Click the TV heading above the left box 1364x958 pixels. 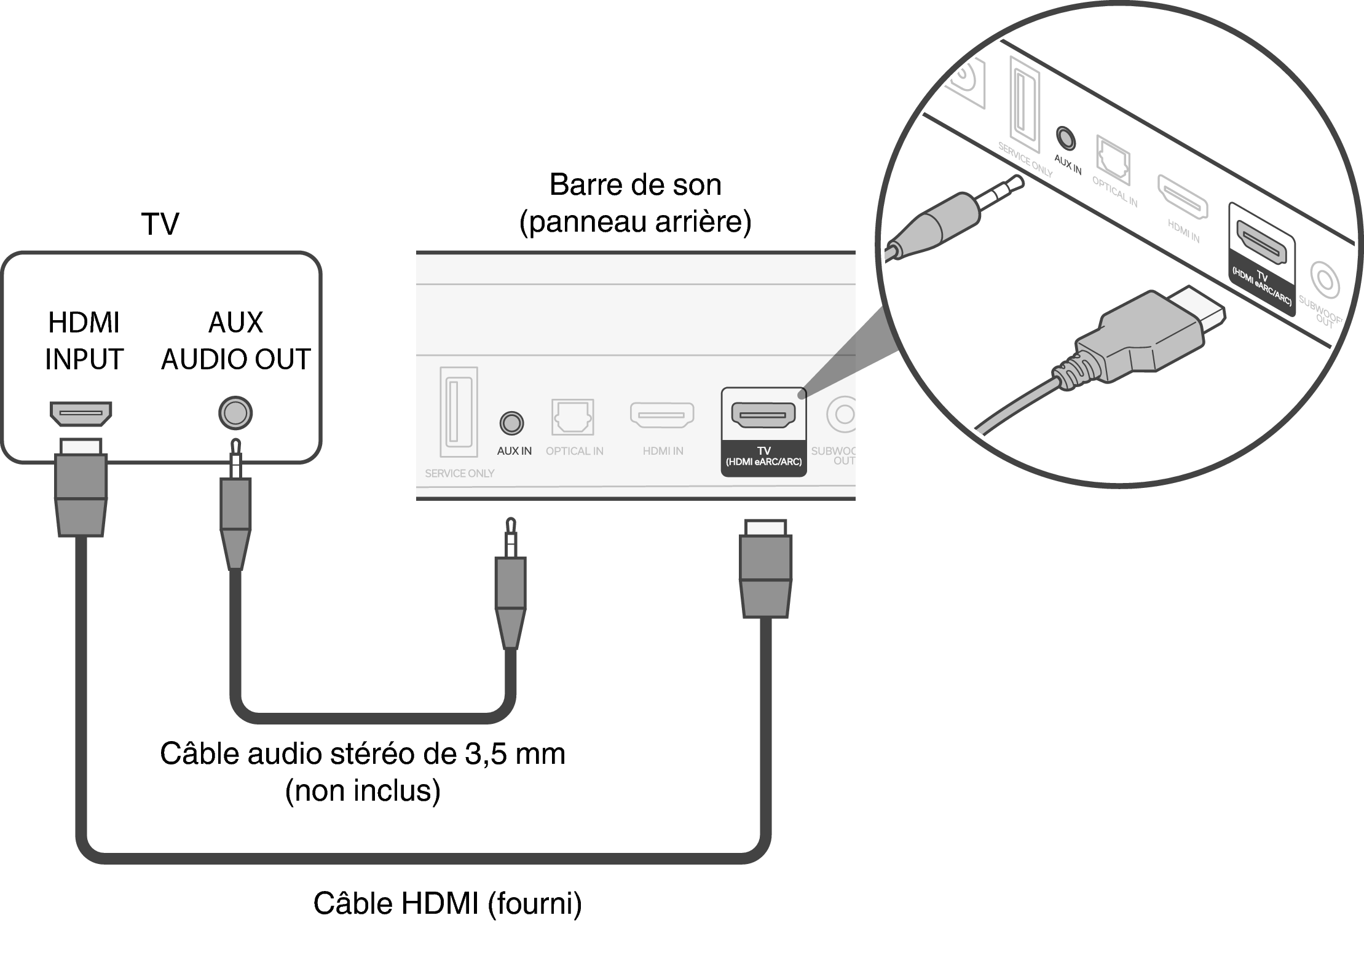[x=160, y=224]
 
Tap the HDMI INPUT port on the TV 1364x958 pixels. [x=81, y=414]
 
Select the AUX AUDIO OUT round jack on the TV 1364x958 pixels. [x=235, y=412]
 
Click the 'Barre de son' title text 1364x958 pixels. [x=635, y=184]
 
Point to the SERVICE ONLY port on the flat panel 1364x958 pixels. [x=459, y=412]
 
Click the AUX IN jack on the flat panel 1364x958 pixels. [x=511, y=423]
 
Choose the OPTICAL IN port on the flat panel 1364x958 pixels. [x=573, y=417]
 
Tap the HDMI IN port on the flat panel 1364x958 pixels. [x=662, y=415]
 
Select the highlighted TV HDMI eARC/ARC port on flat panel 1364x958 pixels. [x=763, y=415]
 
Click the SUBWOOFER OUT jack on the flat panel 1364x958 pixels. [x=843, y=414]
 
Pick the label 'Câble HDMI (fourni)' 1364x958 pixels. [x=447, y=903]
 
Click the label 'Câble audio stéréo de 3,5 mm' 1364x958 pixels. [x=363, y=753]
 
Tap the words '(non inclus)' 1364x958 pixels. [x=363, y=791]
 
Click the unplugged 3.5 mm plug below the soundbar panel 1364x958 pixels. [x=511, y=584]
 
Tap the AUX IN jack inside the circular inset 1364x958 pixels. [x=1065, y=138]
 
